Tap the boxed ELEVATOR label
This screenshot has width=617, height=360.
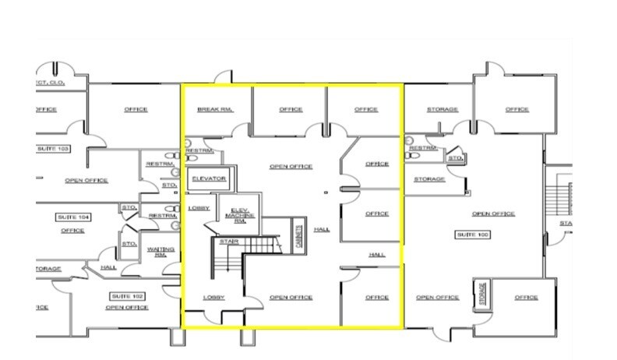pos(209,179)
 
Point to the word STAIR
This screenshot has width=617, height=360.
pos(228,242)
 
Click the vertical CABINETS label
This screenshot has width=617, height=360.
pos(298,237)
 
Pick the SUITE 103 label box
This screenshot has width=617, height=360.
pos(53,148)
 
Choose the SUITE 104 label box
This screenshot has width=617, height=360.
pos(73,217)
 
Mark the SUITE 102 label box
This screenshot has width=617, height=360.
pos(128,296)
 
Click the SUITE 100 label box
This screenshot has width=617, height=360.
pos(473,235)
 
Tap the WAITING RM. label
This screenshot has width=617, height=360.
pos(160,252)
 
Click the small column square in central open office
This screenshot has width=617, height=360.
pos(326,192)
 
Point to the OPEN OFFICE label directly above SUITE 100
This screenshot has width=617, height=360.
pos(493,214)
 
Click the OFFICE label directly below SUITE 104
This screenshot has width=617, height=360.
pos(72,231)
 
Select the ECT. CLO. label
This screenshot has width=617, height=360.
pos(48,83)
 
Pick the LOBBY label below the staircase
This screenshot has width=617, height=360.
pos(214,298)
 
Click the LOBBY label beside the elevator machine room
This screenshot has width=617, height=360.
pos(199,208)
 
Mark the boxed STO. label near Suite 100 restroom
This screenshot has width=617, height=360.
pos(455,159)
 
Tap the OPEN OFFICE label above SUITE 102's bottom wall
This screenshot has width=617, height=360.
pos(127,308)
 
